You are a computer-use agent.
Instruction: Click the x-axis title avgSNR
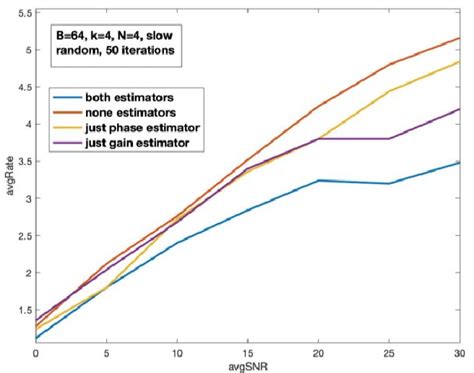246,366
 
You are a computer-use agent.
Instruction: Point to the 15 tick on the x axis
247,352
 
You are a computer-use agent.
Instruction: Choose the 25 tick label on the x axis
388,352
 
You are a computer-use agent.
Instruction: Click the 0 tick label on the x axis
35,352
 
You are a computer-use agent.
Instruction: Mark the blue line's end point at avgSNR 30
459,162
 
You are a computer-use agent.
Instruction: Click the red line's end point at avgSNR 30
459,38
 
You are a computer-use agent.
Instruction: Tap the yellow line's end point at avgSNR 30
459,61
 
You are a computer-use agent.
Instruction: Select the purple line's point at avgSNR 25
388,138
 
